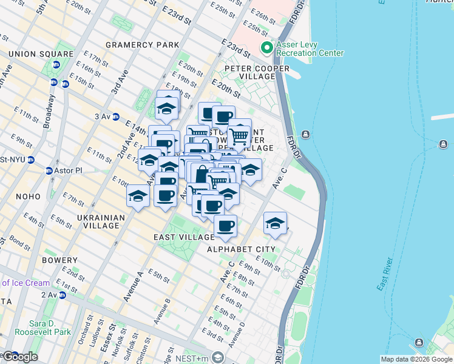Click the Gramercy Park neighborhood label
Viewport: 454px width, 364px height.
(x=143, y=45)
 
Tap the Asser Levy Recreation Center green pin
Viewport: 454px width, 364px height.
(x=265, y=48)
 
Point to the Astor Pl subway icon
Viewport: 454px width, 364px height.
(x=49, y=171)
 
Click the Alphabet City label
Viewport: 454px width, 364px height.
(x=241, y=249)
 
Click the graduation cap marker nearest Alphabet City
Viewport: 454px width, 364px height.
(x=275, y=223)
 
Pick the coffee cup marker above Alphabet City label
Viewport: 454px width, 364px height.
(x=225, y=226)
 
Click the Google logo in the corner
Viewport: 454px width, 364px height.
(x=19, y=357)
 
